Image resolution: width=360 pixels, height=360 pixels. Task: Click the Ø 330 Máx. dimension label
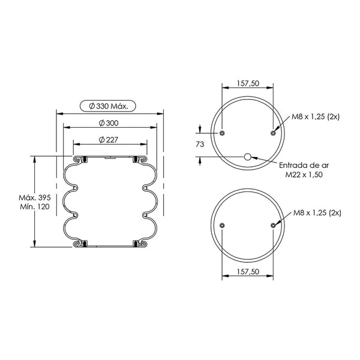(108, 106)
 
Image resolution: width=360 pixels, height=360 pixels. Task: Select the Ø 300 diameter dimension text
(109, 123)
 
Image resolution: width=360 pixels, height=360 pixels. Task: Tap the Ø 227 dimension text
(109, 140)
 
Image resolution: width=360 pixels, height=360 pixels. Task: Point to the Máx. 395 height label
(35, 197)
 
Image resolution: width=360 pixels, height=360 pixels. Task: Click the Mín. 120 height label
(35, 206)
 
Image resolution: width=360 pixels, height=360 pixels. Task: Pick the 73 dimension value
(200, 144)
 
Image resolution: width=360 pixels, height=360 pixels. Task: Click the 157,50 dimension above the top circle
(248, 83)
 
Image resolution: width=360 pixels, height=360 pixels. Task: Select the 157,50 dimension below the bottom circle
(248, 272)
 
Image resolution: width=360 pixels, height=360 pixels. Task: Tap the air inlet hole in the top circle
(247, 157)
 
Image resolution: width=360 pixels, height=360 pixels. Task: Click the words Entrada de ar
(304, 166)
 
